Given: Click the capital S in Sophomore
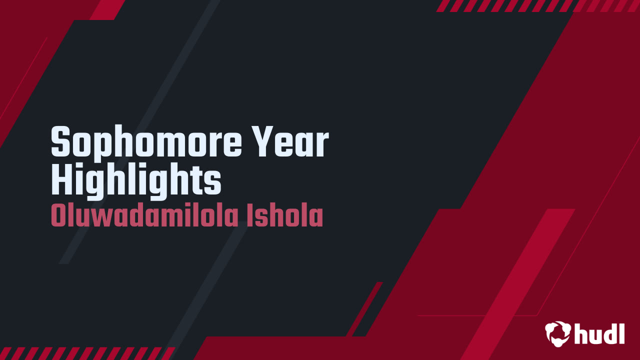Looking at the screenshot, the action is coord(60,142).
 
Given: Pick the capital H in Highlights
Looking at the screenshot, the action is coord(61,179).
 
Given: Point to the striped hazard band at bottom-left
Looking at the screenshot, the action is coord(87,353).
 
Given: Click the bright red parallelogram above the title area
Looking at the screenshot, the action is coord(107,10).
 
